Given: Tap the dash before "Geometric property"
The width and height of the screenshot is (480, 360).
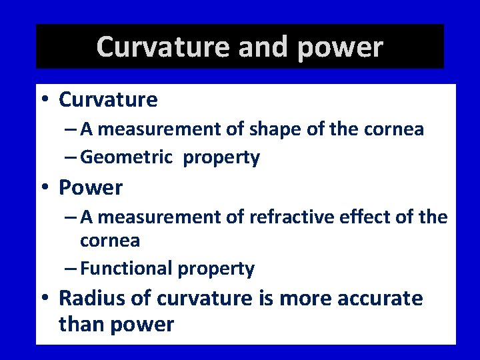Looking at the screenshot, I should [x=71, y=158].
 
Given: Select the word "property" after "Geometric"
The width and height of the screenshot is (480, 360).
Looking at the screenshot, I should [x=221, y=158].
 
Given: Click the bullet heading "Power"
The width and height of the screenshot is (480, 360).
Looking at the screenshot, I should [x=91, y=188].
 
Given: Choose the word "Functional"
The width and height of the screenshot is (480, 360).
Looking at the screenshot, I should [x=126, y=269].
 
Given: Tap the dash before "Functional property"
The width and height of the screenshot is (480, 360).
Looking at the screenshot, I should [x=71, y=269].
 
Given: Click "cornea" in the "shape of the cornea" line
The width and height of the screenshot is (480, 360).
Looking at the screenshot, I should [x=394, y=130].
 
